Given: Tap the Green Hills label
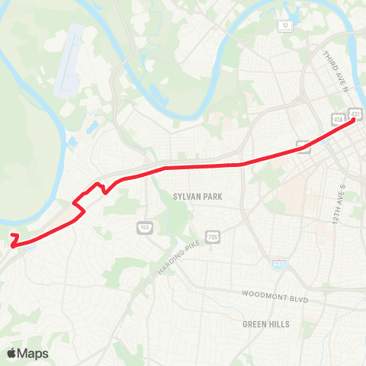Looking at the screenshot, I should pos(266,324).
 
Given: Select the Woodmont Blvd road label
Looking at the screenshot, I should pos(274,297).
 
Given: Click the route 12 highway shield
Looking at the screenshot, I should pos(285,26).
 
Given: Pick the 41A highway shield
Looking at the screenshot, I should pos(338,119).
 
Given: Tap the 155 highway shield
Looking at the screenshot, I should pos(145,227).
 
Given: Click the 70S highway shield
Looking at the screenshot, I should pos(213,236).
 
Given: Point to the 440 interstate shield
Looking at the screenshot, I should pos(280,264).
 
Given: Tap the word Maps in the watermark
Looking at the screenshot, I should pos(34,353).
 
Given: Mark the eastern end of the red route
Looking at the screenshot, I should pos(355,123).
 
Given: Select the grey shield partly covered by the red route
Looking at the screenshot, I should pos(303,146).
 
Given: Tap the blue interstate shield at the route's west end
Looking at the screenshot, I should pos(29,245).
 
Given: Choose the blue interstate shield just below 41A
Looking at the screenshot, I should pos(326,140).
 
